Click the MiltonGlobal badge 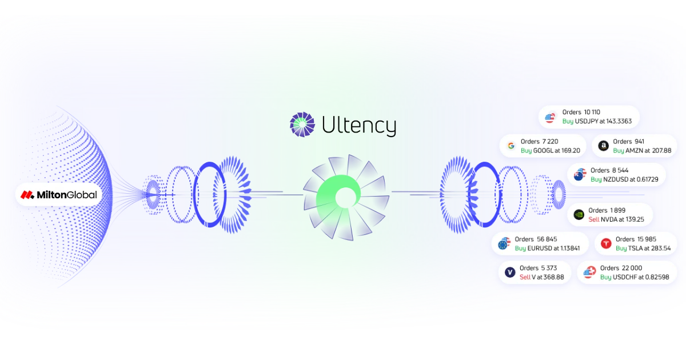pyautogui.click(x=59, y=195)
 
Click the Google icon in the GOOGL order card pyautogui.click(x=510, y=146)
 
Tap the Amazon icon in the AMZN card pyautogui.click(x=603, y=146)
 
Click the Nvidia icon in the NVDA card pyautogui.click(x=578, y=215)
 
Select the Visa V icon pyautogui.click(x=509, y=273)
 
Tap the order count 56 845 pyautogui.click(x=546, y=239)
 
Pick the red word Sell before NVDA pyautogui.click(x=594, y=219)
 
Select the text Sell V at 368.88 pyautogui.click(x=541, y=277)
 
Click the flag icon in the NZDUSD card pyautogui.click(x=580, y=174)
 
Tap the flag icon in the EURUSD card pyautogui.click(x=503, y=244)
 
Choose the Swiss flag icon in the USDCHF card pyautogui.click(x=589, y=273)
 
